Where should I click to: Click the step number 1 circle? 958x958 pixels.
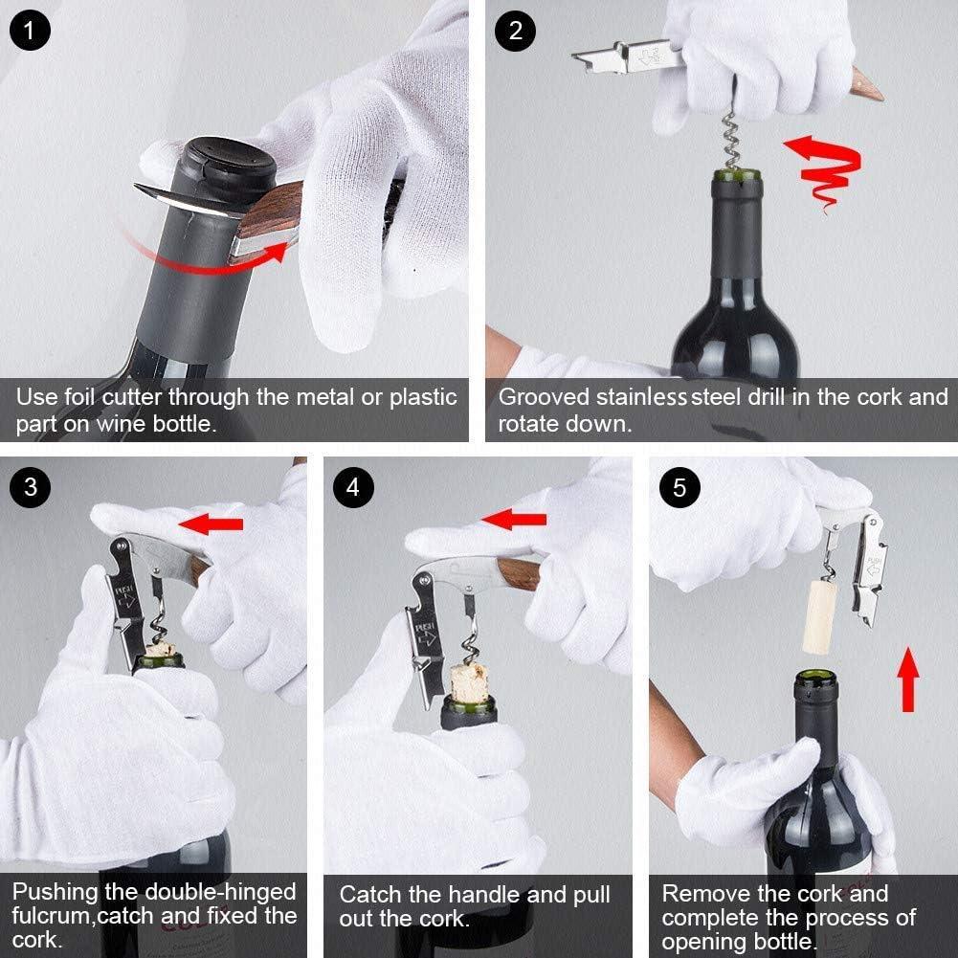(30, 31)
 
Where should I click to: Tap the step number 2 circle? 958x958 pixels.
(515, 31)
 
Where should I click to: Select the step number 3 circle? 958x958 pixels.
(30, 487)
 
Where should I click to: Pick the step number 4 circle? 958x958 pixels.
(353, 487)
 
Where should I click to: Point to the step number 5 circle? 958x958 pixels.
(680, 487)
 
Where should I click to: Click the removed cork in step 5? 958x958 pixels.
(820, 617)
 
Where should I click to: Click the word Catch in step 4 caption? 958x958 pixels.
(371, 896)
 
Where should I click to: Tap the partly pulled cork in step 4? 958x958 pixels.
(469, 680)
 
